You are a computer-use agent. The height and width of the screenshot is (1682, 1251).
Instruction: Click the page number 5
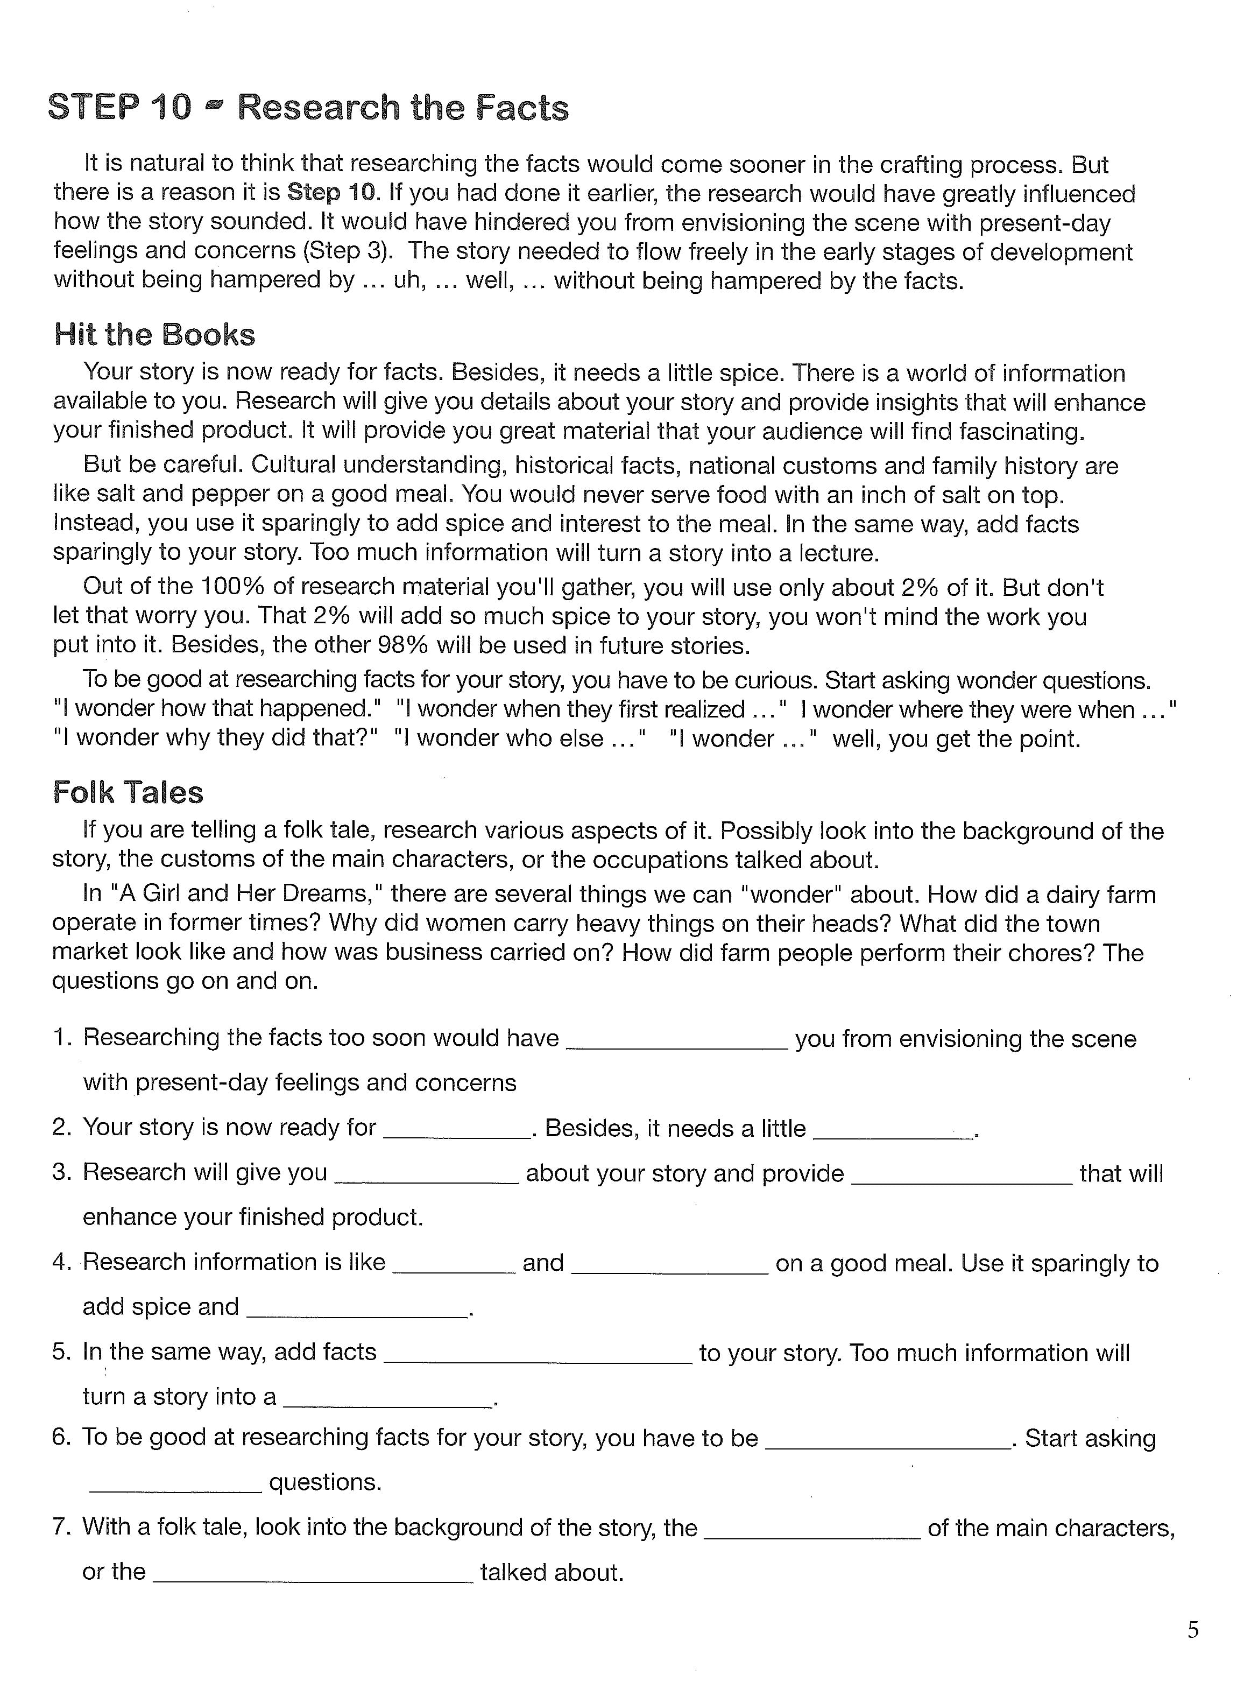click(x=1193, y=1630)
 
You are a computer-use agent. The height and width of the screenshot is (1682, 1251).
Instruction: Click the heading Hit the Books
click(x=154, y=335)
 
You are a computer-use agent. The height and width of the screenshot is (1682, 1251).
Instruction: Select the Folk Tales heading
click(x=128, y=792)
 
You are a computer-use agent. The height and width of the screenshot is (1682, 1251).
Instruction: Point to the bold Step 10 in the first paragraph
click(x=331, y=193)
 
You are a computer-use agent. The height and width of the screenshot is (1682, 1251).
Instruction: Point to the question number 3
click(x=61, y=1172)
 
